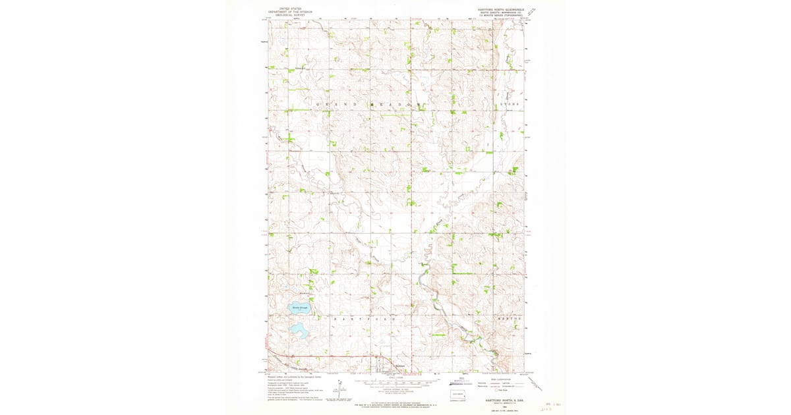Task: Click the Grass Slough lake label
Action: pos(299,308)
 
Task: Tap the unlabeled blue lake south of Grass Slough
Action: pos(298,328)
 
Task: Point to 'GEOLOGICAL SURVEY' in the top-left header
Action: pos(287,15)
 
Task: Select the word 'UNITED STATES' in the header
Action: pos(287,9)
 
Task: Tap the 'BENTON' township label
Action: pos(511,318)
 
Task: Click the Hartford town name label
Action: pos(399,366)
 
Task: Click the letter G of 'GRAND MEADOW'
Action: pos(318,104)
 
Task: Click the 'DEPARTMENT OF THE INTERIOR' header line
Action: pos(287,12)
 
